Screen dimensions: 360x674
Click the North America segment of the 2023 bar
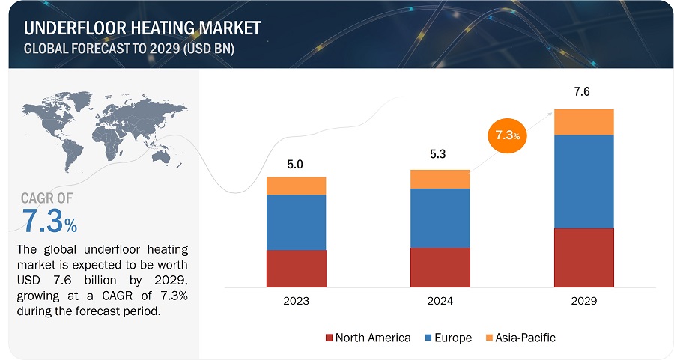click(296, 268)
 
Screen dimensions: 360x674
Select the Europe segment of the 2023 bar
click(296, 222)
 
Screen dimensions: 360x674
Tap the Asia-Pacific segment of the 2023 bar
click(296, 186)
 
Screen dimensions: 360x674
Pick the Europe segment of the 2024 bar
click(440, 218)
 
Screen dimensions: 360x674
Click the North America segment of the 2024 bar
click(440, 267)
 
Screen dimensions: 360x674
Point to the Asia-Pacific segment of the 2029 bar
click(583, 122)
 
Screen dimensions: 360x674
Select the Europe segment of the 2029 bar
click(583, 181)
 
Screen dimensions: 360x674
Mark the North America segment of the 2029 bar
click(583, 257)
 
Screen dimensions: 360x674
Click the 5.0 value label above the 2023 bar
click(295, 165)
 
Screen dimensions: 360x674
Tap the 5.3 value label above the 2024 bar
click(440, 156)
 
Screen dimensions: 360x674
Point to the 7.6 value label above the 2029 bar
click(583, 94)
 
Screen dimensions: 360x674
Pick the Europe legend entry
click(449, 338)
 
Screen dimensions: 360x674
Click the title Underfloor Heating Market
click(142, 28)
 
